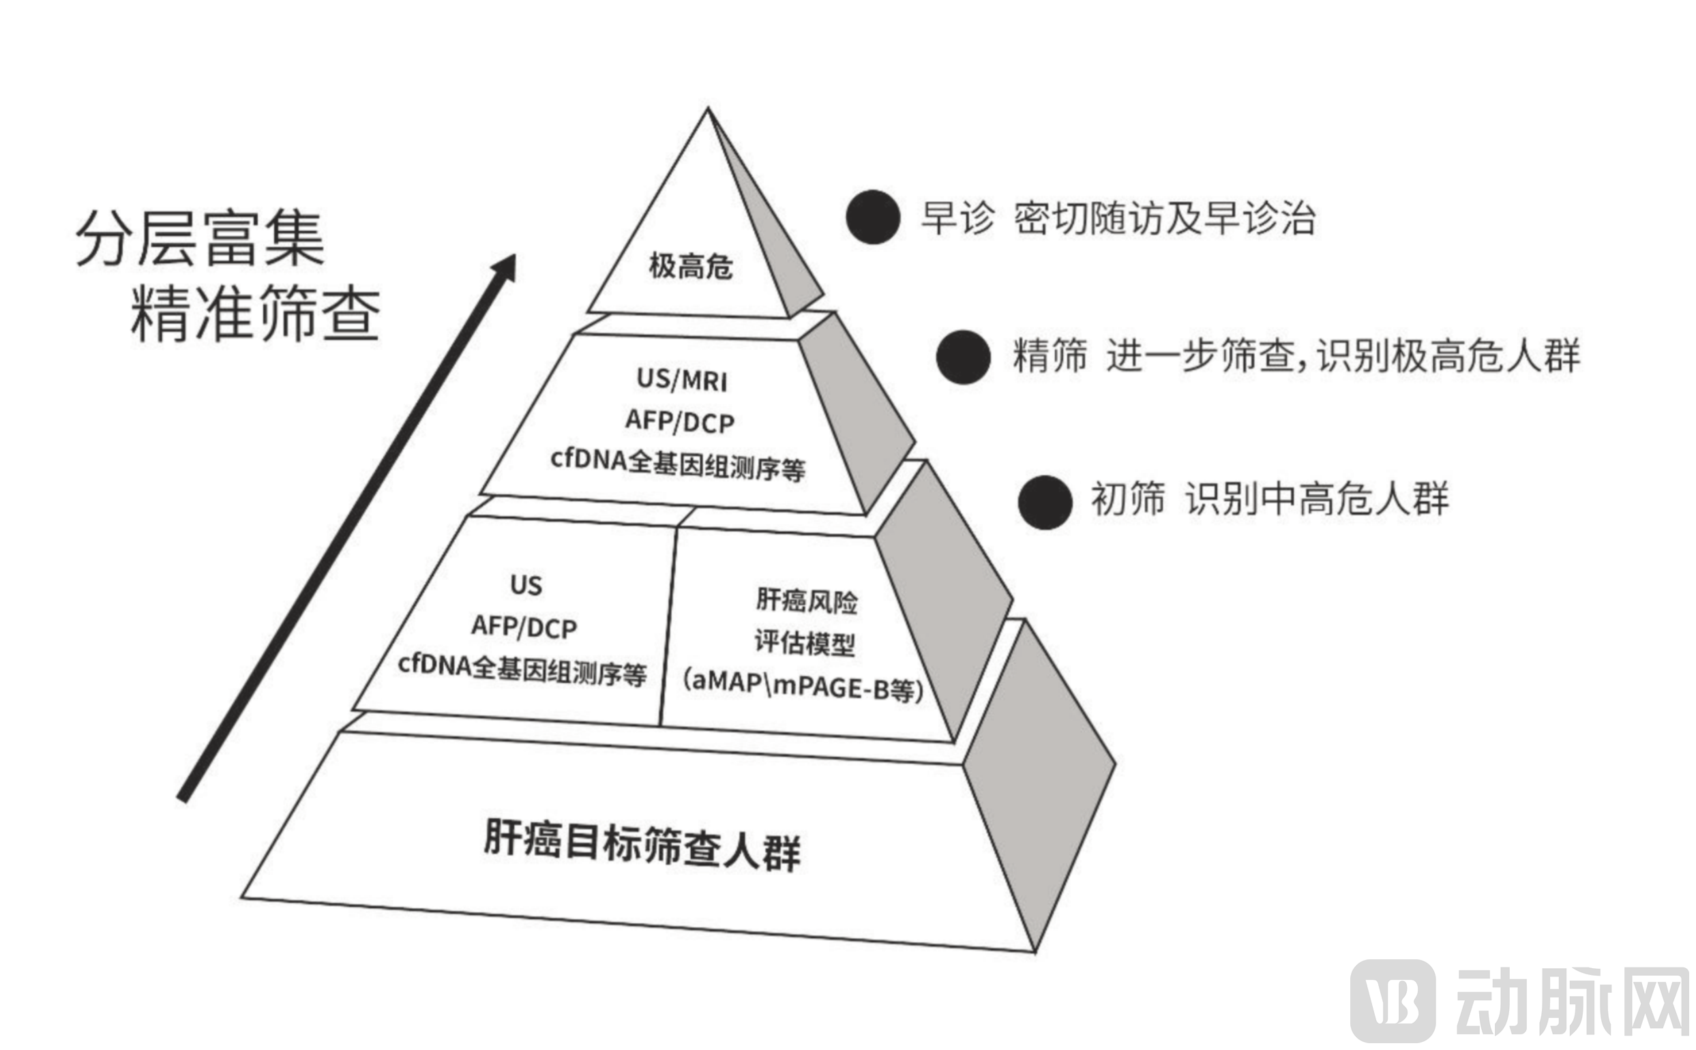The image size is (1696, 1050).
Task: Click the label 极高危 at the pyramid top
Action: [x=690, y=266]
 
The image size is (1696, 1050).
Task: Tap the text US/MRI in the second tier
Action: [x=682, y=380]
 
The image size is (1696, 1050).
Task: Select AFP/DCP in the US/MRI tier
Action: [x=680, y=421]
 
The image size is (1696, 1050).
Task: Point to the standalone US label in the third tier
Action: [x=526, y=585]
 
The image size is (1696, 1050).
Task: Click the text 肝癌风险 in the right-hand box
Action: [x=806, y=601]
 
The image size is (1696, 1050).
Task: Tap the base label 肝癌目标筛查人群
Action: [x=642, y=845]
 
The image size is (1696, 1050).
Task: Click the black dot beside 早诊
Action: [x=873, y=217]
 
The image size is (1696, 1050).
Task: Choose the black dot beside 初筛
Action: [x=1045, y=502]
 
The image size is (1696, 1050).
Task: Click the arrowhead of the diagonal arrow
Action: [x=505, y=267]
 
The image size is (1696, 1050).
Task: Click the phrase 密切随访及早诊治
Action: [x=1164, y=218]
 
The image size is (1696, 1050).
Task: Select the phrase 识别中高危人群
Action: [x=1317, y=498]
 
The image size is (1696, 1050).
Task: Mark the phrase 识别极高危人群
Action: [x=1448, y=355]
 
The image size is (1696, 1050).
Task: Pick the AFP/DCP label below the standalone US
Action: [x=524, y=627]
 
